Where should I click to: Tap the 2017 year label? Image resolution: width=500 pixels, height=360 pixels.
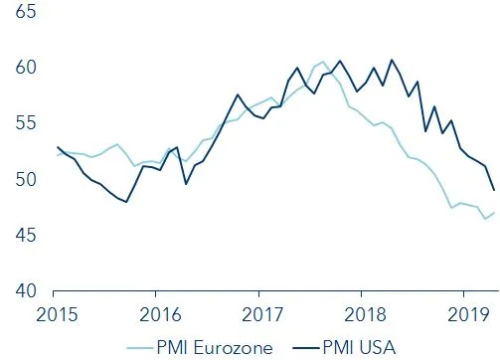click(258, 313)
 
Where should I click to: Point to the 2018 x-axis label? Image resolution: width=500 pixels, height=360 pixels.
click(362, 313)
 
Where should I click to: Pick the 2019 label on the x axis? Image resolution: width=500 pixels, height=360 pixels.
click(465, 313)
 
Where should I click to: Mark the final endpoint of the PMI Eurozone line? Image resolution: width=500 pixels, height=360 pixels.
click(494, 212)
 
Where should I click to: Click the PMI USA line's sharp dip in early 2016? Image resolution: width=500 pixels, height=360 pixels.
click(186, 184)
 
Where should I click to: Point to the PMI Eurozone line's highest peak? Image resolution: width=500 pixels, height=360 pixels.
click(322, 62)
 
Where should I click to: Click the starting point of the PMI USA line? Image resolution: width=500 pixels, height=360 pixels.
click(58, 147)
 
